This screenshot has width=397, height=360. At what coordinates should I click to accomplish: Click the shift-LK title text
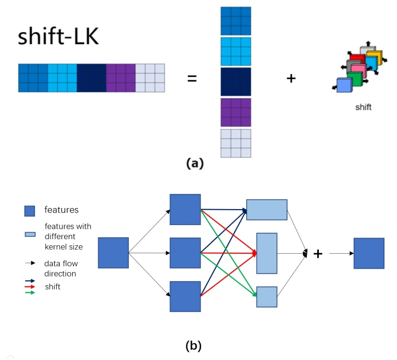(58, 36)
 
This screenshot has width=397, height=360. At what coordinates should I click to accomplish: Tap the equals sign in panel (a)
(192, 78)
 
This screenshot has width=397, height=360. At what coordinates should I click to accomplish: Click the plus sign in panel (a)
(291, 78)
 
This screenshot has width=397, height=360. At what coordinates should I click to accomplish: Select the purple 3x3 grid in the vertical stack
(236, 112)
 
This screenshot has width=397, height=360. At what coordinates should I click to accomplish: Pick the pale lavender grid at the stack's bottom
(236, 143)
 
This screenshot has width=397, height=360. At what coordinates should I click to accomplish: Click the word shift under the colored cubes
(363, 107)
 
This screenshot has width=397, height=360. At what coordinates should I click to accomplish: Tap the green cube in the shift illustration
(355, 79)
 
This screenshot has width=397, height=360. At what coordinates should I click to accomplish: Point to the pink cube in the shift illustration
(359, 71)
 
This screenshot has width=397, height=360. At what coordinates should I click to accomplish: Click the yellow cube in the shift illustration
(374, 57)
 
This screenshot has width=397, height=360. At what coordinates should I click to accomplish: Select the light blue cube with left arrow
(344, 85)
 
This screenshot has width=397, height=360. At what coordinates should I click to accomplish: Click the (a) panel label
(195, 163)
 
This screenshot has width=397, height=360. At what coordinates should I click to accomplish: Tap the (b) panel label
(193, 346)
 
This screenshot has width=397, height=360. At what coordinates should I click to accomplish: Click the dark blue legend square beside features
(30, 211)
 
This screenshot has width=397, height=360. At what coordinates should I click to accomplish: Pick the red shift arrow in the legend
(30, 287)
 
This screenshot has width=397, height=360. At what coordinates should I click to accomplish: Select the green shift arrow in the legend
(30, 293)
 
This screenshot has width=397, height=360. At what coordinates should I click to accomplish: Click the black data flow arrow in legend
(31, 263)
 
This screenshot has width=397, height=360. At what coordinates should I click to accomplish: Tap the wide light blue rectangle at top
(267, 210)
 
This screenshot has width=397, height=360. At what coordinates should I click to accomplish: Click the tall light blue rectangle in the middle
(267, 253)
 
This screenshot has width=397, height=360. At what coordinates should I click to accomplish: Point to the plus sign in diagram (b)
(318, 254)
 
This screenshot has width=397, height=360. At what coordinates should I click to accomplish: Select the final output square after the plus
(369, 253)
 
